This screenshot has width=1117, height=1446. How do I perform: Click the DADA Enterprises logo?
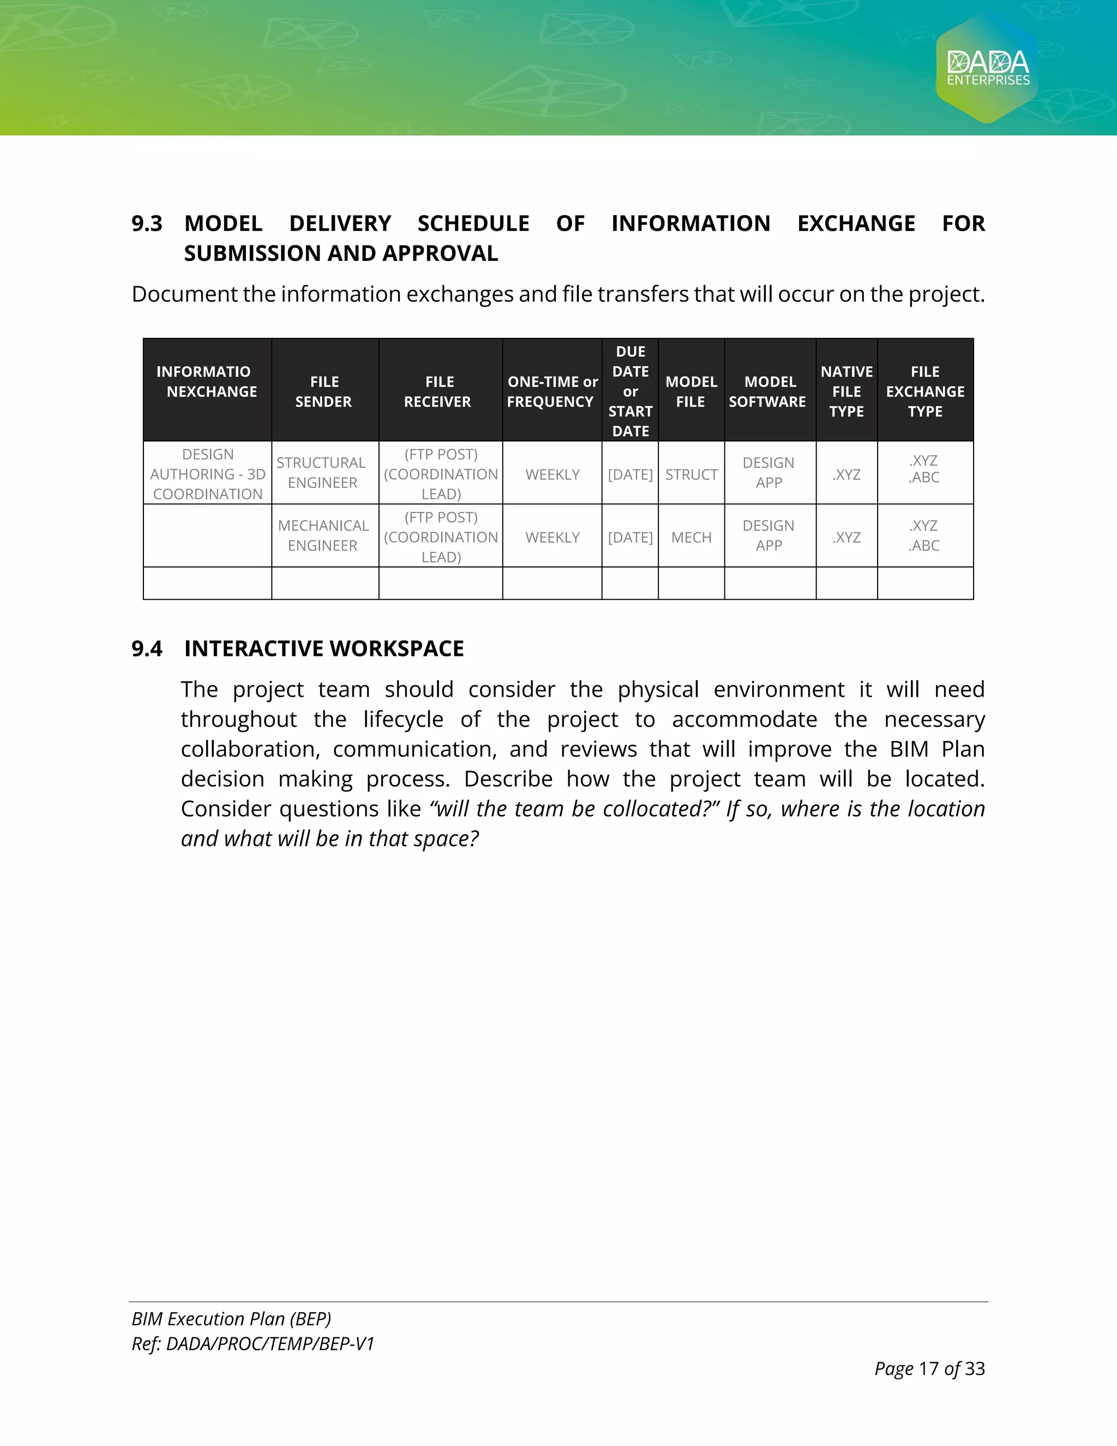click(x=987, y=68)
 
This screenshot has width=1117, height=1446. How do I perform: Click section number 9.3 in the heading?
click(x=146, y=224)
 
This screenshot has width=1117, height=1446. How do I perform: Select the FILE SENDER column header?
click(x=323, y=391)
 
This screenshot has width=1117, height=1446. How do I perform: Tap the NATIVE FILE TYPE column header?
click(x=846, y=391)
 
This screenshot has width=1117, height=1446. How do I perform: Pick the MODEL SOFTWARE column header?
click(x=769, y=391)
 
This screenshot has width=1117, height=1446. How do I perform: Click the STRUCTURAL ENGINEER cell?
click(x=322, y=473)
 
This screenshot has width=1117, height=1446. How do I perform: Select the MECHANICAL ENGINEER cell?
click(x=323, y=536)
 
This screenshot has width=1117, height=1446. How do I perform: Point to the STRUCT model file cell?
click(x=691, y=475)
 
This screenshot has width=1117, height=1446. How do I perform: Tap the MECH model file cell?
click(x=691, y=537)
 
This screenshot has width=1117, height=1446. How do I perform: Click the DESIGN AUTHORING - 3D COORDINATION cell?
click(x=208, y=474)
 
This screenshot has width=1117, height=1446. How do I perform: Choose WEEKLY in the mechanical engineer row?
click(x=553, y=537)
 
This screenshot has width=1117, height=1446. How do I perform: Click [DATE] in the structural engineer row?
click(x=630, y=475)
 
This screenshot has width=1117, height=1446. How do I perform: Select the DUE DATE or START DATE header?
click(x=630, y=391)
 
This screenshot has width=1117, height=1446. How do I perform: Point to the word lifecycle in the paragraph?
click(x=403, y=720)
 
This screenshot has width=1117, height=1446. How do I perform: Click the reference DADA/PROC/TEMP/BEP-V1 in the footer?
click(x=270, y=1344)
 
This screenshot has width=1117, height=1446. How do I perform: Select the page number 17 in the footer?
click(x=928, y=1369)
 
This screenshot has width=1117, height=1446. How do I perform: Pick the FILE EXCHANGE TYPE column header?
click(x=924, y=391)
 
